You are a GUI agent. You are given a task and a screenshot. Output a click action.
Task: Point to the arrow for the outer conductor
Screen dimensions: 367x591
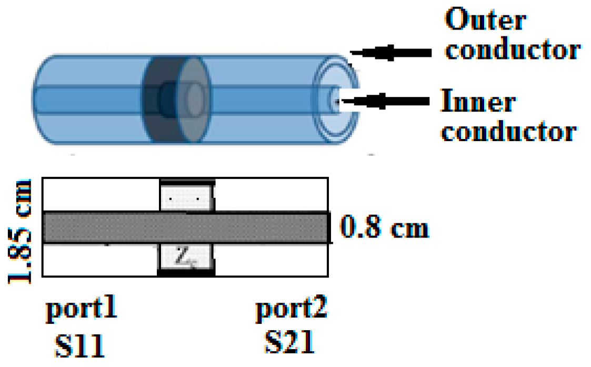tap(390, 52)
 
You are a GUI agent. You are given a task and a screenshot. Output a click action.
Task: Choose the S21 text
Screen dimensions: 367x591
tap(290, 343)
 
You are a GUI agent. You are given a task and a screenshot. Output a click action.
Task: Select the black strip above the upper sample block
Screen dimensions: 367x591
tap(187, 181)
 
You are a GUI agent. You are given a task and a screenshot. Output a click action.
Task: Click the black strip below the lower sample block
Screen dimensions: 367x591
tap(186, 273)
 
